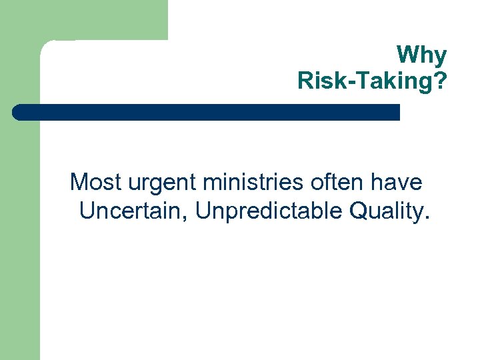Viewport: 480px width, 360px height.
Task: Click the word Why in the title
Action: pyautogui.click(x=421, y=55)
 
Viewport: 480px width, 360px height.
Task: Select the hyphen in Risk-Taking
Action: pyautogui.click(x=346, y=81)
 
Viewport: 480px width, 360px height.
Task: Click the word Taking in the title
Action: pyautogui.click(x=391, y=81)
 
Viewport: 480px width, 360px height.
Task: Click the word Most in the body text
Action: pyautogui.click(x=93, y=181)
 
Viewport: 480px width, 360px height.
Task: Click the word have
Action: pyautogui.click(x=399, y=181)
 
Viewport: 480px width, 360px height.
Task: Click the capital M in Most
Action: pyautogui.click(x=79, y=181)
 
